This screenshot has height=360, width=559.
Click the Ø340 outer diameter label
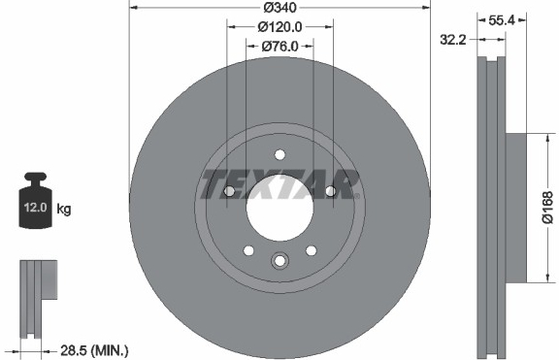[x=279, y=7]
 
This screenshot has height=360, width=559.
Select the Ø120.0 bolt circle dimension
[x=279, y=27]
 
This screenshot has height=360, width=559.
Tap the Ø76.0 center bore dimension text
[x=279, y=47]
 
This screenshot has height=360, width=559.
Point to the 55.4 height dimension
[x=501, y=20]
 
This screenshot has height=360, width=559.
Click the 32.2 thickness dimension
[x=453, y=40]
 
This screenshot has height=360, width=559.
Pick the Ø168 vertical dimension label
[x=547, y=207]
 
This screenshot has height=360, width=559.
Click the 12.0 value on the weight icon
[x=35, y=207]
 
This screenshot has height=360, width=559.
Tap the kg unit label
[x=64, y=209]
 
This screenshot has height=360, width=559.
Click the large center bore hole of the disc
[x=279, y=209]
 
